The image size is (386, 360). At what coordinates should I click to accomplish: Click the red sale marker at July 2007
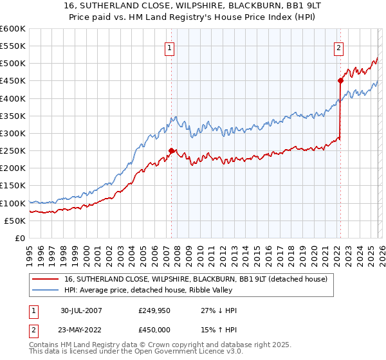click(171, 151)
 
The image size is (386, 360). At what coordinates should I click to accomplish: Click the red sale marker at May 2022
click(340, 81)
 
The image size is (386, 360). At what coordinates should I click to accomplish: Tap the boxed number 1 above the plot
click(169, 46)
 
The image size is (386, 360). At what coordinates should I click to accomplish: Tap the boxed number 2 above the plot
click(338, 46)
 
